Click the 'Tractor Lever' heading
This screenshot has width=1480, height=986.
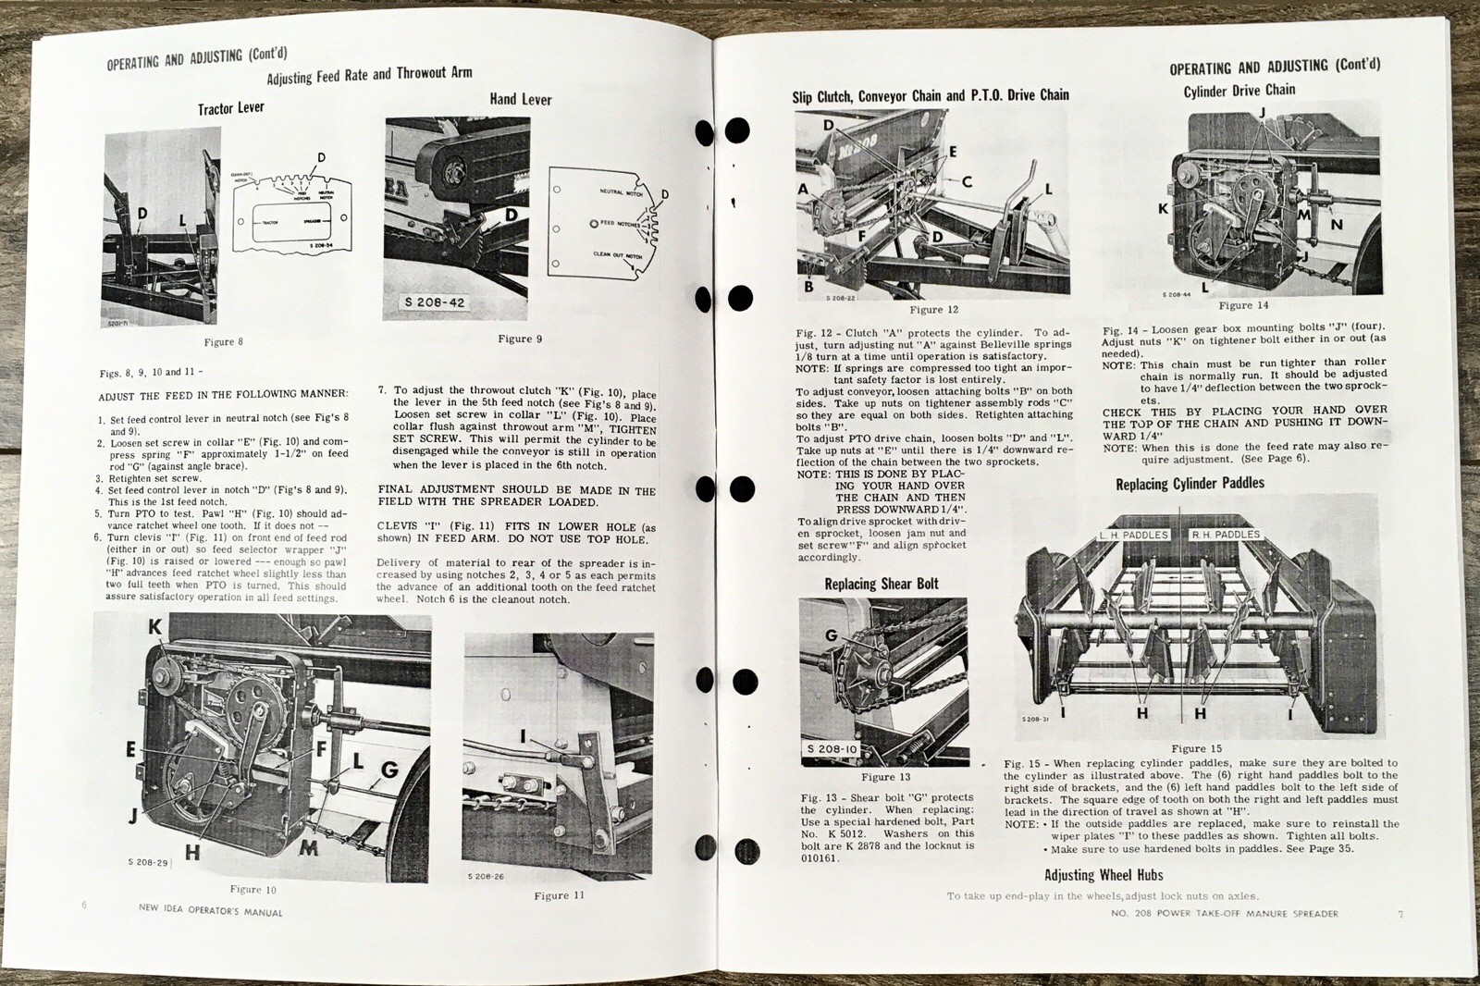[x=230, y=108]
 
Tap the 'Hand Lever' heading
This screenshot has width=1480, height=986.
[x=521, y=99]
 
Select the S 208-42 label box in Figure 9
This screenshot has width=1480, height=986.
[x=436, y=302]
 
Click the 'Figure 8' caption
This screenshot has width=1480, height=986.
[x=223, y=341]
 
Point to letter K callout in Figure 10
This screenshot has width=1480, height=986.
[x=154, y=627]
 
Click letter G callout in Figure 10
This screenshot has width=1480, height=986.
[x=389, y=770]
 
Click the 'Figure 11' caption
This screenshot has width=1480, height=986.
[x=559, y=895]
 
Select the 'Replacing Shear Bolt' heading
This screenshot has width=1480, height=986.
[x=882, y=584]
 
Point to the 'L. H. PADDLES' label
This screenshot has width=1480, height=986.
[x=1133, y=535]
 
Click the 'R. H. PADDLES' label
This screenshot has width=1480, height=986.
[x=1225, y=535]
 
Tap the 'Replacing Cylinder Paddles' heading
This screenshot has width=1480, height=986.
[x=1190, y=484]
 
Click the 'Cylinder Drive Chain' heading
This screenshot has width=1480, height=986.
[x=1239, y=91]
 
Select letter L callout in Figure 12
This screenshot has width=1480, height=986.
[x=1048, y=189]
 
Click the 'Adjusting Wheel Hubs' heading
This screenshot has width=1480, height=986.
[x=1104, y=875]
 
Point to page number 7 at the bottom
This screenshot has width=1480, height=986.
[x=1400, y=914]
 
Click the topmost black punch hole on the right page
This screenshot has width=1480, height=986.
[x=737, y=131]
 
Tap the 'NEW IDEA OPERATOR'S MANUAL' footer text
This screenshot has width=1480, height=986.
[x=210, y=912]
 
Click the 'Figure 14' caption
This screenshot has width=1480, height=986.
[x=1243, y=305]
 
